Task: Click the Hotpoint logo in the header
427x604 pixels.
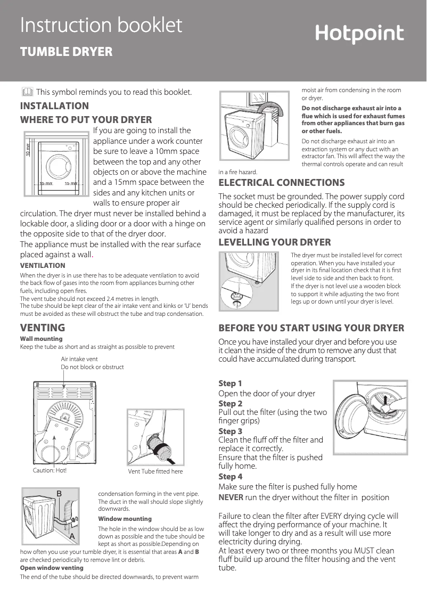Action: coord(359,35)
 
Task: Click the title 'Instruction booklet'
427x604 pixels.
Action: coord(101,25)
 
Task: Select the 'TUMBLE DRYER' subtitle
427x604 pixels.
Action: coord(66,52)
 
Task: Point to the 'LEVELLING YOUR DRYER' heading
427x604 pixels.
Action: coord(275,242)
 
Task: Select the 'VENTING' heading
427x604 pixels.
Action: coord(43,327)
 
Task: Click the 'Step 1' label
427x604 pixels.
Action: coord(231,383)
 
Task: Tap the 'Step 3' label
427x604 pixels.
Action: coord(231,431)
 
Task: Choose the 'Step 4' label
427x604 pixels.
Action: coord(231,476)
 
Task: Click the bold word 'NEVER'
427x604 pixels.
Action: coord(231,497)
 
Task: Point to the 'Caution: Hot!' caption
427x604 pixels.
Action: coord(50,470)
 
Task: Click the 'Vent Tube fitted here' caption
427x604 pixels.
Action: coord(155,471)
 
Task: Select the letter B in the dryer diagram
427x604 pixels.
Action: coord(60,493)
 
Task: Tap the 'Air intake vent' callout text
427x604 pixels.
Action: coord(79,360)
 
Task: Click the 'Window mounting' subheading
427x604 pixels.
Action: coord(125,519)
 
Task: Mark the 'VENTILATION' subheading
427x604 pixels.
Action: coord(43,265)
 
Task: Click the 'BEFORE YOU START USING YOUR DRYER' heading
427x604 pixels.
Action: coord(311,328)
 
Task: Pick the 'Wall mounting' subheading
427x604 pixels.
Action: coord(41,339)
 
